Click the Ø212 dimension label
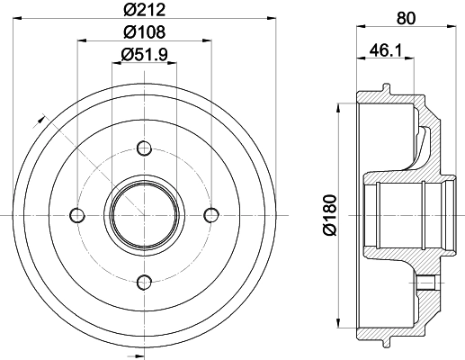coord(144,11)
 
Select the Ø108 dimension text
coord(144,33)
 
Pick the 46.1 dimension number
coord(385,52)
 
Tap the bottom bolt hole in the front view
coord(144,282)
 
